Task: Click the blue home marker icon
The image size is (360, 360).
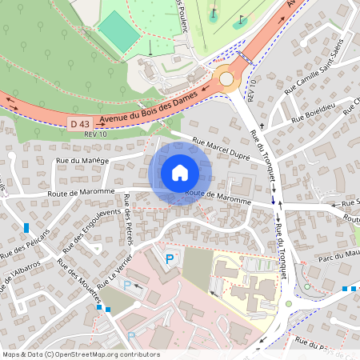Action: [x=180, y=173]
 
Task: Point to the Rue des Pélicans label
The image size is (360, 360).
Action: [x=25, y=243]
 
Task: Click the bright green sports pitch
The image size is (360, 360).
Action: [x=118, y=32]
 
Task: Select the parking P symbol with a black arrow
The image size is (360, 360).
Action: [x=129, y=284]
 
